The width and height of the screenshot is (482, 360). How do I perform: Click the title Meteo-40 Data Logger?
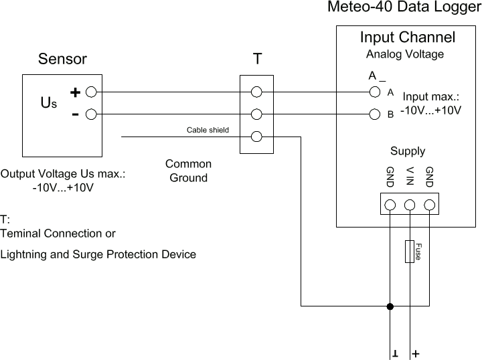tap(404, 8)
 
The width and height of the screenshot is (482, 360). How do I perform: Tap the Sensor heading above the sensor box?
tap(62, 59)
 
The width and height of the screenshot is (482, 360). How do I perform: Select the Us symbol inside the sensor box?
tap(49, 103)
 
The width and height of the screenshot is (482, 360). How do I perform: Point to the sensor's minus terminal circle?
tap(91, 114)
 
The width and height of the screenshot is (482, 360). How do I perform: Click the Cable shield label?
tap(208, 130)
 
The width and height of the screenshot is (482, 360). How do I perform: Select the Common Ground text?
tap(188, 171)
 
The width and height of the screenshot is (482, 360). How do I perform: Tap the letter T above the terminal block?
tap(257, 59)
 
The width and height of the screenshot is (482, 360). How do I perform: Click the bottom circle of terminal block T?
tap(256, 137)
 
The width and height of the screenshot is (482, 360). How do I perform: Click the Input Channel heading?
tap(407, 37)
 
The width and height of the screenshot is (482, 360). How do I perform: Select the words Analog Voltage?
tap(404, 54)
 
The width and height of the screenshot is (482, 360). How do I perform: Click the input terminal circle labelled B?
tap(375, 114)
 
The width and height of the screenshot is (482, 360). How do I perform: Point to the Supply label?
tap(407, 151)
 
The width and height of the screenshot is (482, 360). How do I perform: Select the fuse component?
tap(410, 251)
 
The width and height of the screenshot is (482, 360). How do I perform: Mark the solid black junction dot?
tap(390, 306)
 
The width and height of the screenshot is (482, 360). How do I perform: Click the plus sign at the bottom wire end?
tap(416, 353)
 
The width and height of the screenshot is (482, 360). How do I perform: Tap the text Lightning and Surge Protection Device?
tap(98, 255)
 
